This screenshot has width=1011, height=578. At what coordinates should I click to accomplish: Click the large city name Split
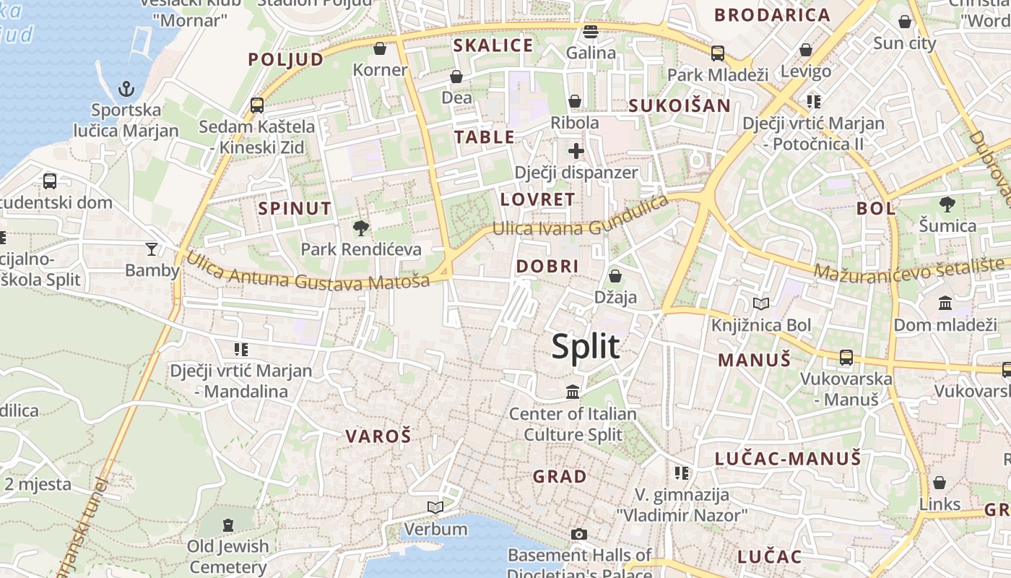(x=586, y=347)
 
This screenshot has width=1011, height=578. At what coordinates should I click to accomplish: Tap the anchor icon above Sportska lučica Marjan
(x=126, y=90)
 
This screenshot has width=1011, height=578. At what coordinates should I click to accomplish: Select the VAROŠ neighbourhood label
(x=378, y=436)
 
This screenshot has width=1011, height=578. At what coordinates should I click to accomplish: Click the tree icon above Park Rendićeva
(x=360, y=229)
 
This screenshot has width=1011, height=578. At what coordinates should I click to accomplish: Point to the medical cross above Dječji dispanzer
(x=576, y=151)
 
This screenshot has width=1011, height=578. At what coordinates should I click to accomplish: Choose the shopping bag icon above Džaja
(x=615, y=276)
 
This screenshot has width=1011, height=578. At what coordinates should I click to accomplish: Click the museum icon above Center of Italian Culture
(x=573, y=392)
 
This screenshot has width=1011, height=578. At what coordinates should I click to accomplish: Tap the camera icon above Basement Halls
(x=578, y=535)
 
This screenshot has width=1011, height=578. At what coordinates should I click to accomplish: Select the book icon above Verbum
(x=435, y=507)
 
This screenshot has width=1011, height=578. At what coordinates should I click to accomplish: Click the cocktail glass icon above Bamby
(x=151, y=249)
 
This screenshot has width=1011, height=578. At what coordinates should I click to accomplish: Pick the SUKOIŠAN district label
(x=680, y=105)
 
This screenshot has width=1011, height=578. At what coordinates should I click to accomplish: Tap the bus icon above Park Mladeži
(x=717, y=53)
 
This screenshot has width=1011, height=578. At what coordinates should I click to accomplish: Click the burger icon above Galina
(x=591, y=32)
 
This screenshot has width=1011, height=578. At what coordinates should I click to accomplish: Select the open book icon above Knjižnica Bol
(x=761, y=303)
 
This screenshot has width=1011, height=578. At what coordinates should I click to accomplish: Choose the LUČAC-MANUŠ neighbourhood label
(x=788, y=459)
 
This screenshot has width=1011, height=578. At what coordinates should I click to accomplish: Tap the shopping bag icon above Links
(x=940, y=482)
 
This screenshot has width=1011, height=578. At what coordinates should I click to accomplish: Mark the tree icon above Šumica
(x=947, y=204)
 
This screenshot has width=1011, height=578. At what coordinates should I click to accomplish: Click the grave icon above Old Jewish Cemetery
(x=228, y=525)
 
